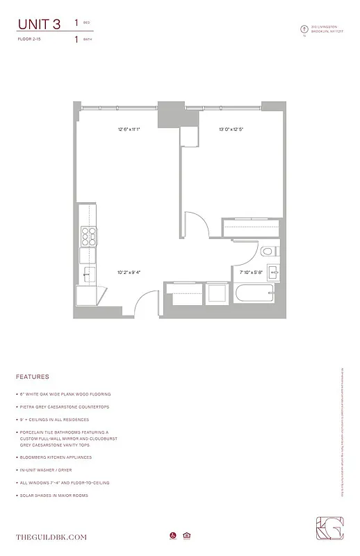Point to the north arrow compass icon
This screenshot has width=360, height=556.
(302, 29)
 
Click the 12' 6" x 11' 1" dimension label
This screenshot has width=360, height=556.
(129, 129)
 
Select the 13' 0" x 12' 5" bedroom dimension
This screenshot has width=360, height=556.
(231, 129)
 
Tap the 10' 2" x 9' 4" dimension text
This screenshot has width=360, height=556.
(129, 272)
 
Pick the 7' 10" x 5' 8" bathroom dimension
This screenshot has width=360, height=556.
(251, 272)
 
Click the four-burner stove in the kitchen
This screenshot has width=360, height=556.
(88, 237)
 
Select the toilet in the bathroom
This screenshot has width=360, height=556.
(268, 251)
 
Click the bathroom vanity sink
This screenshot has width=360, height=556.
(273, 272)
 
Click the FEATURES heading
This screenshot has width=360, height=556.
(32, 377)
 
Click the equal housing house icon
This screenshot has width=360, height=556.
(186, 535)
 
